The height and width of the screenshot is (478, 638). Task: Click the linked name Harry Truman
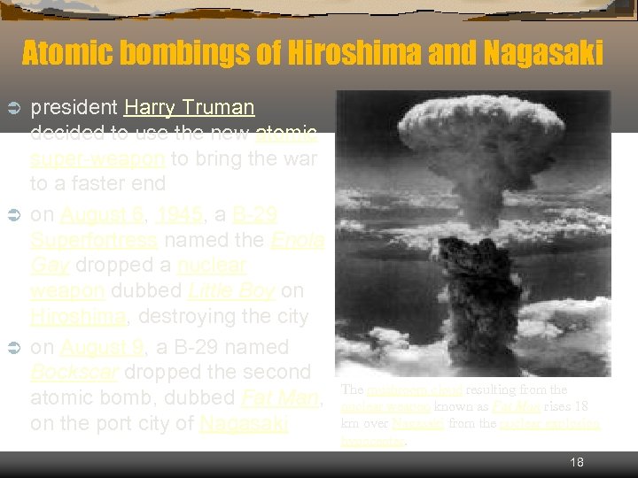[189, 108]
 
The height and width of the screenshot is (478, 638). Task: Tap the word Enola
[297, 240]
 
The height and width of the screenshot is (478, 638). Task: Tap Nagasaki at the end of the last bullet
[244, 423]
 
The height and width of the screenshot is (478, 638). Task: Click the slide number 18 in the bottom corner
[577, 463]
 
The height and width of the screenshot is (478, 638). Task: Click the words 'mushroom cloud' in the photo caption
[400, 389]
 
